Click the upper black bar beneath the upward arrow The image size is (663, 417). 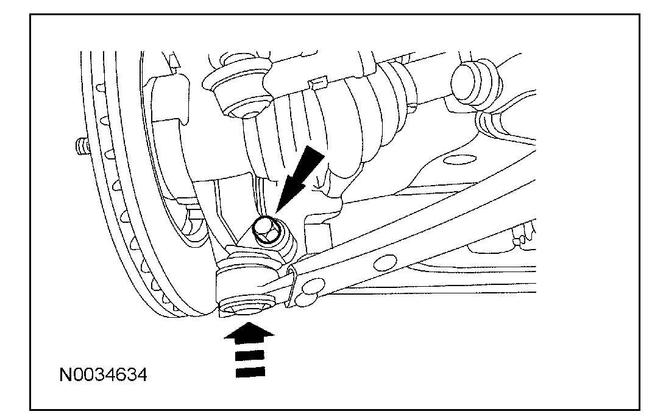(250, 354)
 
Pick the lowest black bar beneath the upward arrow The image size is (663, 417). (250, 370)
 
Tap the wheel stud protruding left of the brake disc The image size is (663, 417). (80, 146)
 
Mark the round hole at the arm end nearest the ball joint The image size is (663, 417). (314, 286)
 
